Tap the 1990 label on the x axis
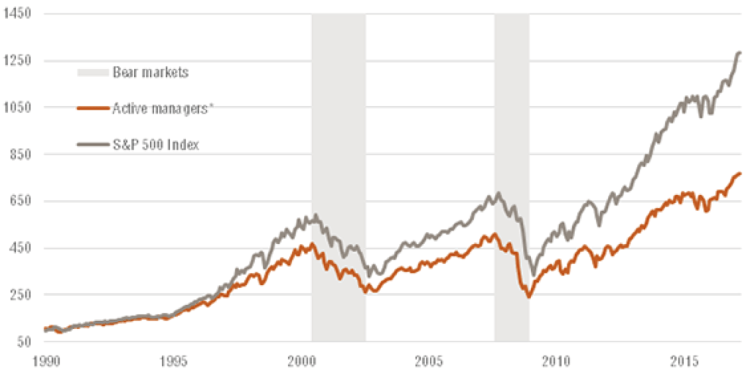tap(45, 360)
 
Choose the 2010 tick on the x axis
tap(557, 360)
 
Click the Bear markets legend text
tap(150, 73)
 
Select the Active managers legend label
tap(162, 108)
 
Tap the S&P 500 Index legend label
tap(156, 144)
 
